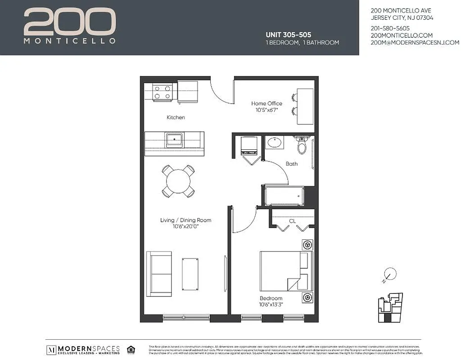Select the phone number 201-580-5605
point(390,28)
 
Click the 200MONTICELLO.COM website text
point(402,35)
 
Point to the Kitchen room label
point(176,117)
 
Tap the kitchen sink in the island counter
point(174,140)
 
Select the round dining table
point(178,181)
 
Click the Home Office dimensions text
point(267,110)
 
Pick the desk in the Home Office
point(305,107)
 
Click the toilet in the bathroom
point(302,145)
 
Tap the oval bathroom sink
point(274,144)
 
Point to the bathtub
point(285,196)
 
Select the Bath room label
point(292,164)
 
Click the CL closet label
point(292,221)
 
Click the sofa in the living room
point(159,274)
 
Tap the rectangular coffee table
point(190,274)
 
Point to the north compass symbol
point(390,274)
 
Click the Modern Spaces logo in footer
point(84,350)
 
